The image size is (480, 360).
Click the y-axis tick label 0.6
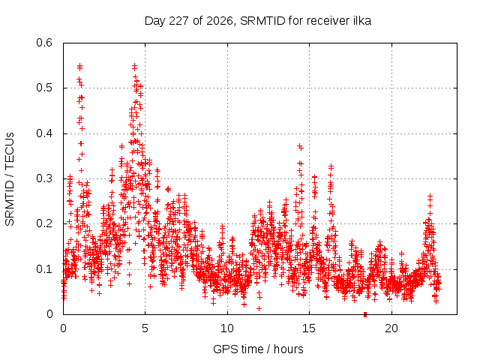(44, 43)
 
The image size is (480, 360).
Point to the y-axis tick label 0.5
(44, 88)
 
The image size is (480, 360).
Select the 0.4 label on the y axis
(44, 133)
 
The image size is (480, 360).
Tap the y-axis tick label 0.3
(44, 178)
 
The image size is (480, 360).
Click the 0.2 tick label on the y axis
(44, 223)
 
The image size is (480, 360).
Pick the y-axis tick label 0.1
(44, 269)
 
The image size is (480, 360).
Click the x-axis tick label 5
(145, 328)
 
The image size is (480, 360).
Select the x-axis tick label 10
(227, 328)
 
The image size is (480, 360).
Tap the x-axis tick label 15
(309, 328)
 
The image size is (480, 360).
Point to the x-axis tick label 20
(391, 328)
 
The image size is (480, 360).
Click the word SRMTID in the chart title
(262, 21)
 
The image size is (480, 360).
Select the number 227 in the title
(178, 21)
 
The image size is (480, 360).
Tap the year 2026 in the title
(220, 21)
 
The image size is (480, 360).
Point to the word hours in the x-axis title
(288, 349)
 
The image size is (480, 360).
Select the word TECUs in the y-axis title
(10, 150)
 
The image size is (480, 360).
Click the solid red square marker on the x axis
(365, 315)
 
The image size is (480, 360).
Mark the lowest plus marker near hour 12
(259, 308)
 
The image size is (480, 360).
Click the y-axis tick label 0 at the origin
(49, 314)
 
